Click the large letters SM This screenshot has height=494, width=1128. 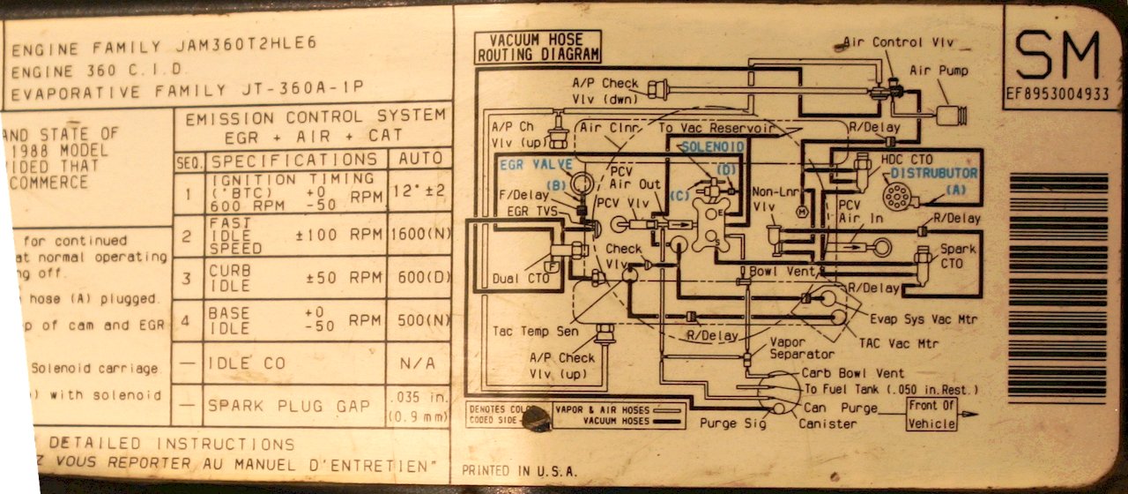[1057, 55]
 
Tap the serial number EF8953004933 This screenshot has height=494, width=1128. [1057, 94]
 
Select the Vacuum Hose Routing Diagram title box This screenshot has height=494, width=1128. [538, 48]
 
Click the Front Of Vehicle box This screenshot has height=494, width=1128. [931, 415]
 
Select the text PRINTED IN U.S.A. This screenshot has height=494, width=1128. [510, 470]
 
